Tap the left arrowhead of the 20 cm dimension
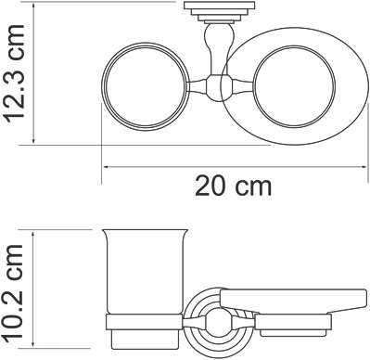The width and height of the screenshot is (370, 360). click(106, 167)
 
